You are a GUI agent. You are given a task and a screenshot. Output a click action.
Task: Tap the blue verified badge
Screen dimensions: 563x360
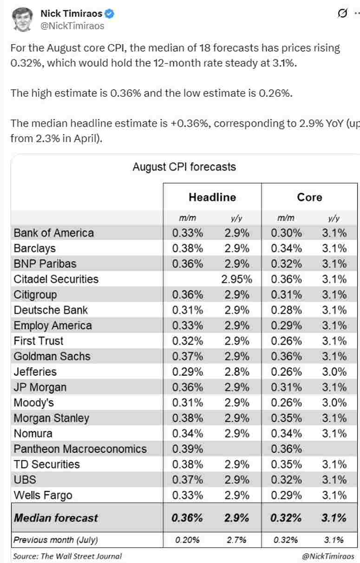click(x=110, y=14)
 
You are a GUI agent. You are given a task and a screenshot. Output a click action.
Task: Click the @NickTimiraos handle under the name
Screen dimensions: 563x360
click(x=72, y=26)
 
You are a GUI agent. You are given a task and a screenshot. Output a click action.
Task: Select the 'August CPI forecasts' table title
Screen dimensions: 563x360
click(x=184, y=167)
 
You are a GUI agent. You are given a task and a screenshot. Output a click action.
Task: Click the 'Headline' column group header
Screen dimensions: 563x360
click(x=212, y=197)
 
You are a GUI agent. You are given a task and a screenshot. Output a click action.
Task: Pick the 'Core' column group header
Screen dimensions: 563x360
click(x=309, y=197)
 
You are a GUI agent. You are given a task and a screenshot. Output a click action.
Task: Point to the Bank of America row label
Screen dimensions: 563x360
click(x=54, y=233)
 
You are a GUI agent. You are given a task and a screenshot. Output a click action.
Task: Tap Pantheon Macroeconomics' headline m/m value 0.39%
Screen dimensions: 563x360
click(x=187, y=449)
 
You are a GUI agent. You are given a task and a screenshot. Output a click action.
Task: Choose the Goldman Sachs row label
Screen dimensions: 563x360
click(x=52, y=357)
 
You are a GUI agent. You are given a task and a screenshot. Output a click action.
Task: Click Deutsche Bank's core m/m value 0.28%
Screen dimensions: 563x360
click(x=286, y=310)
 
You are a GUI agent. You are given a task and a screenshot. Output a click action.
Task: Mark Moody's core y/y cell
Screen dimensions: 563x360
click(x=334, y=403)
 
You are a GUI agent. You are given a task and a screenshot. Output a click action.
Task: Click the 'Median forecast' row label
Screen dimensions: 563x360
click(x=56, y=518)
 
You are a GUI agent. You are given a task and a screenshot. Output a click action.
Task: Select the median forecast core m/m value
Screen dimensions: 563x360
click(x=286, y=518)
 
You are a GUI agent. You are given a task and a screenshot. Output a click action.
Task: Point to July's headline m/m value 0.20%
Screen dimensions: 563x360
click(x=187, y=540)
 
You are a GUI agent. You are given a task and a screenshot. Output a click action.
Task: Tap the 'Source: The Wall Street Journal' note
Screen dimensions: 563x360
click(x=67, y=556)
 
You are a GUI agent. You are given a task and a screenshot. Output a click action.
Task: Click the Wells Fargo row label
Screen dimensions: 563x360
click(x=43, y=495)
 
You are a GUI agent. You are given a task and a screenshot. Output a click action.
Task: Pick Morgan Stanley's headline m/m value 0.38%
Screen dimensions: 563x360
click(x=187, y=418)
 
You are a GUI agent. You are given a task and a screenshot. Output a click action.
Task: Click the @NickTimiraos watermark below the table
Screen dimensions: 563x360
click(x=327, y=556)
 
